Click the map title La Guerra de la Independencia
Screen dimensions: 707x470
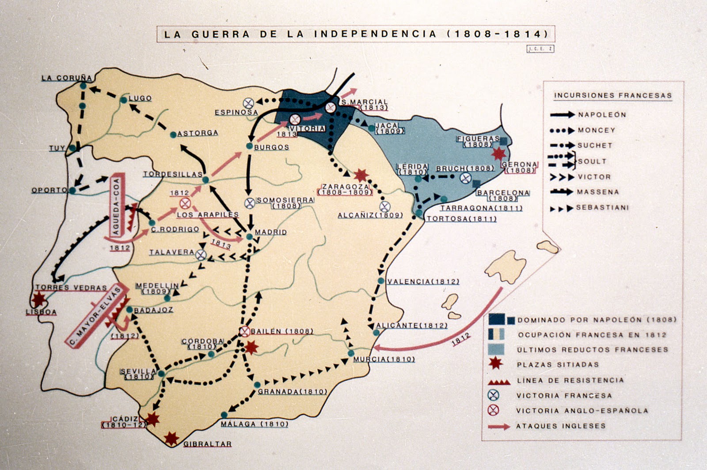(356, 34)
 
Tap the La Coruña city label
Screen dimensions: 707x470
(67, 78)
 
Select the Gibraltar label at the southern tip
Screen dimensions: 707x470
(207, 444)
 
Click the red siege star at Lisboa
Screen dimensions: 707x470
(39, 299)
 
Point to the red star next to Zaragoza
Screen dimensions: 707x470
(361, 175)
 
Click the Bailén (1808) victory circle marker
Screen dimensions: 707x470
(244, 331)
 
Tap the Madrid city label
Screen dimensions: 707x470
(271, 232)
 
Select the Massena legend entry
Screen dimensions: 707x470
(597, 192)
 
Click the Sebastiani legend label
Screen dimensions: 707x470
(602, 208)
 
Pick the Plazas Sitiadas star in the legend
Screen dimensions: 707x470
(495, 364)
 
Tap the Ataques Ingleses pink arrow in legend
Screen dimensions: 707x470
(499, 427)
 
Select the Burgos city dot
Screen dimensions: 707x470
(249, 146)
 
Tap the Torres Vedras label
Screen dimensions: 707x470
(71, 288)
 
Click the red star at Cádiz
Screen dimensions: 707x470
(152, 419)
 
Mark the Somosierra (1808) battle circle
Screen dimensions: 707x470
(250, 203)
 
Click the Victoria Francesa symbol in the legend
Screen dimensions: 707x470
(493, 395)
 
